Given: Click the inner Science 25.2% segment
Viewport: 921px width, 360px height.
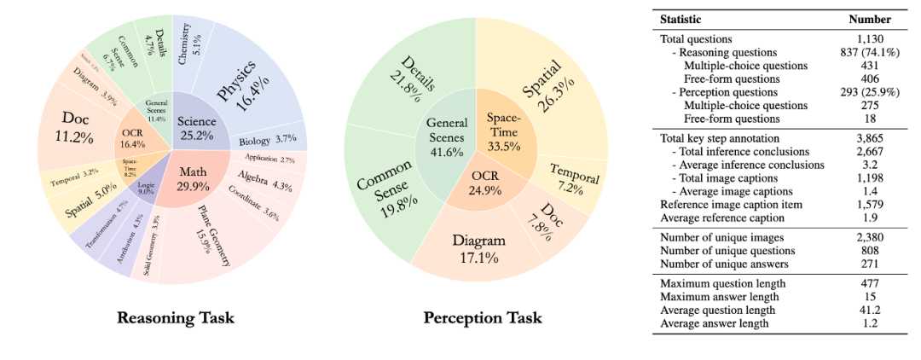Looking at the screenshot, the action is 196,125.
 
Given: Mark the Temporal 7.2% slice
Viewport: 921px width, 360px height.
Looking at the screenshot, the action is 573,179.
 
